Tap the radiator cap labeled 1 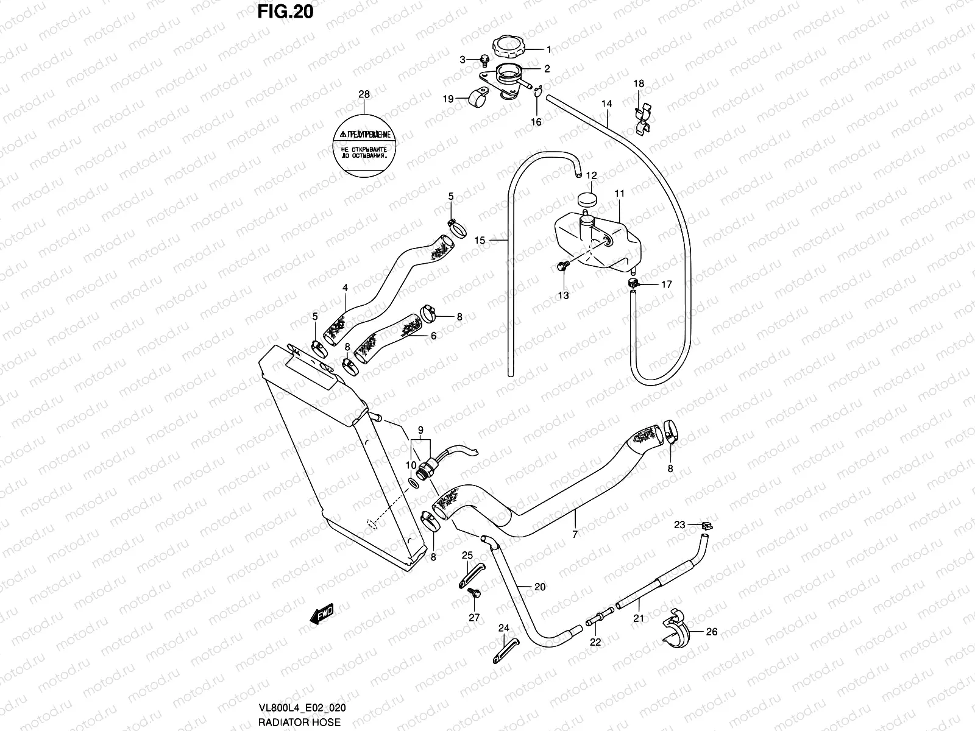(x=508, y=47)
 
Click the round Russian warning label (x=364, y=145)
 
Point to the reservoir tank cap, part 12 (x=587, y=199)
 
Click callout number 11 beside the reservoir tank (x=620, y=194)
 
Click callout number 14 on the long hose (x=607, y=104)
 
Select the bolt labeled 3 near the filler (x=484, y=60)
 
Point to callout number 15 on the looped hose (x=480, y=241)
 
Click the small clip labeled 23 (x=707, y=525)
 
